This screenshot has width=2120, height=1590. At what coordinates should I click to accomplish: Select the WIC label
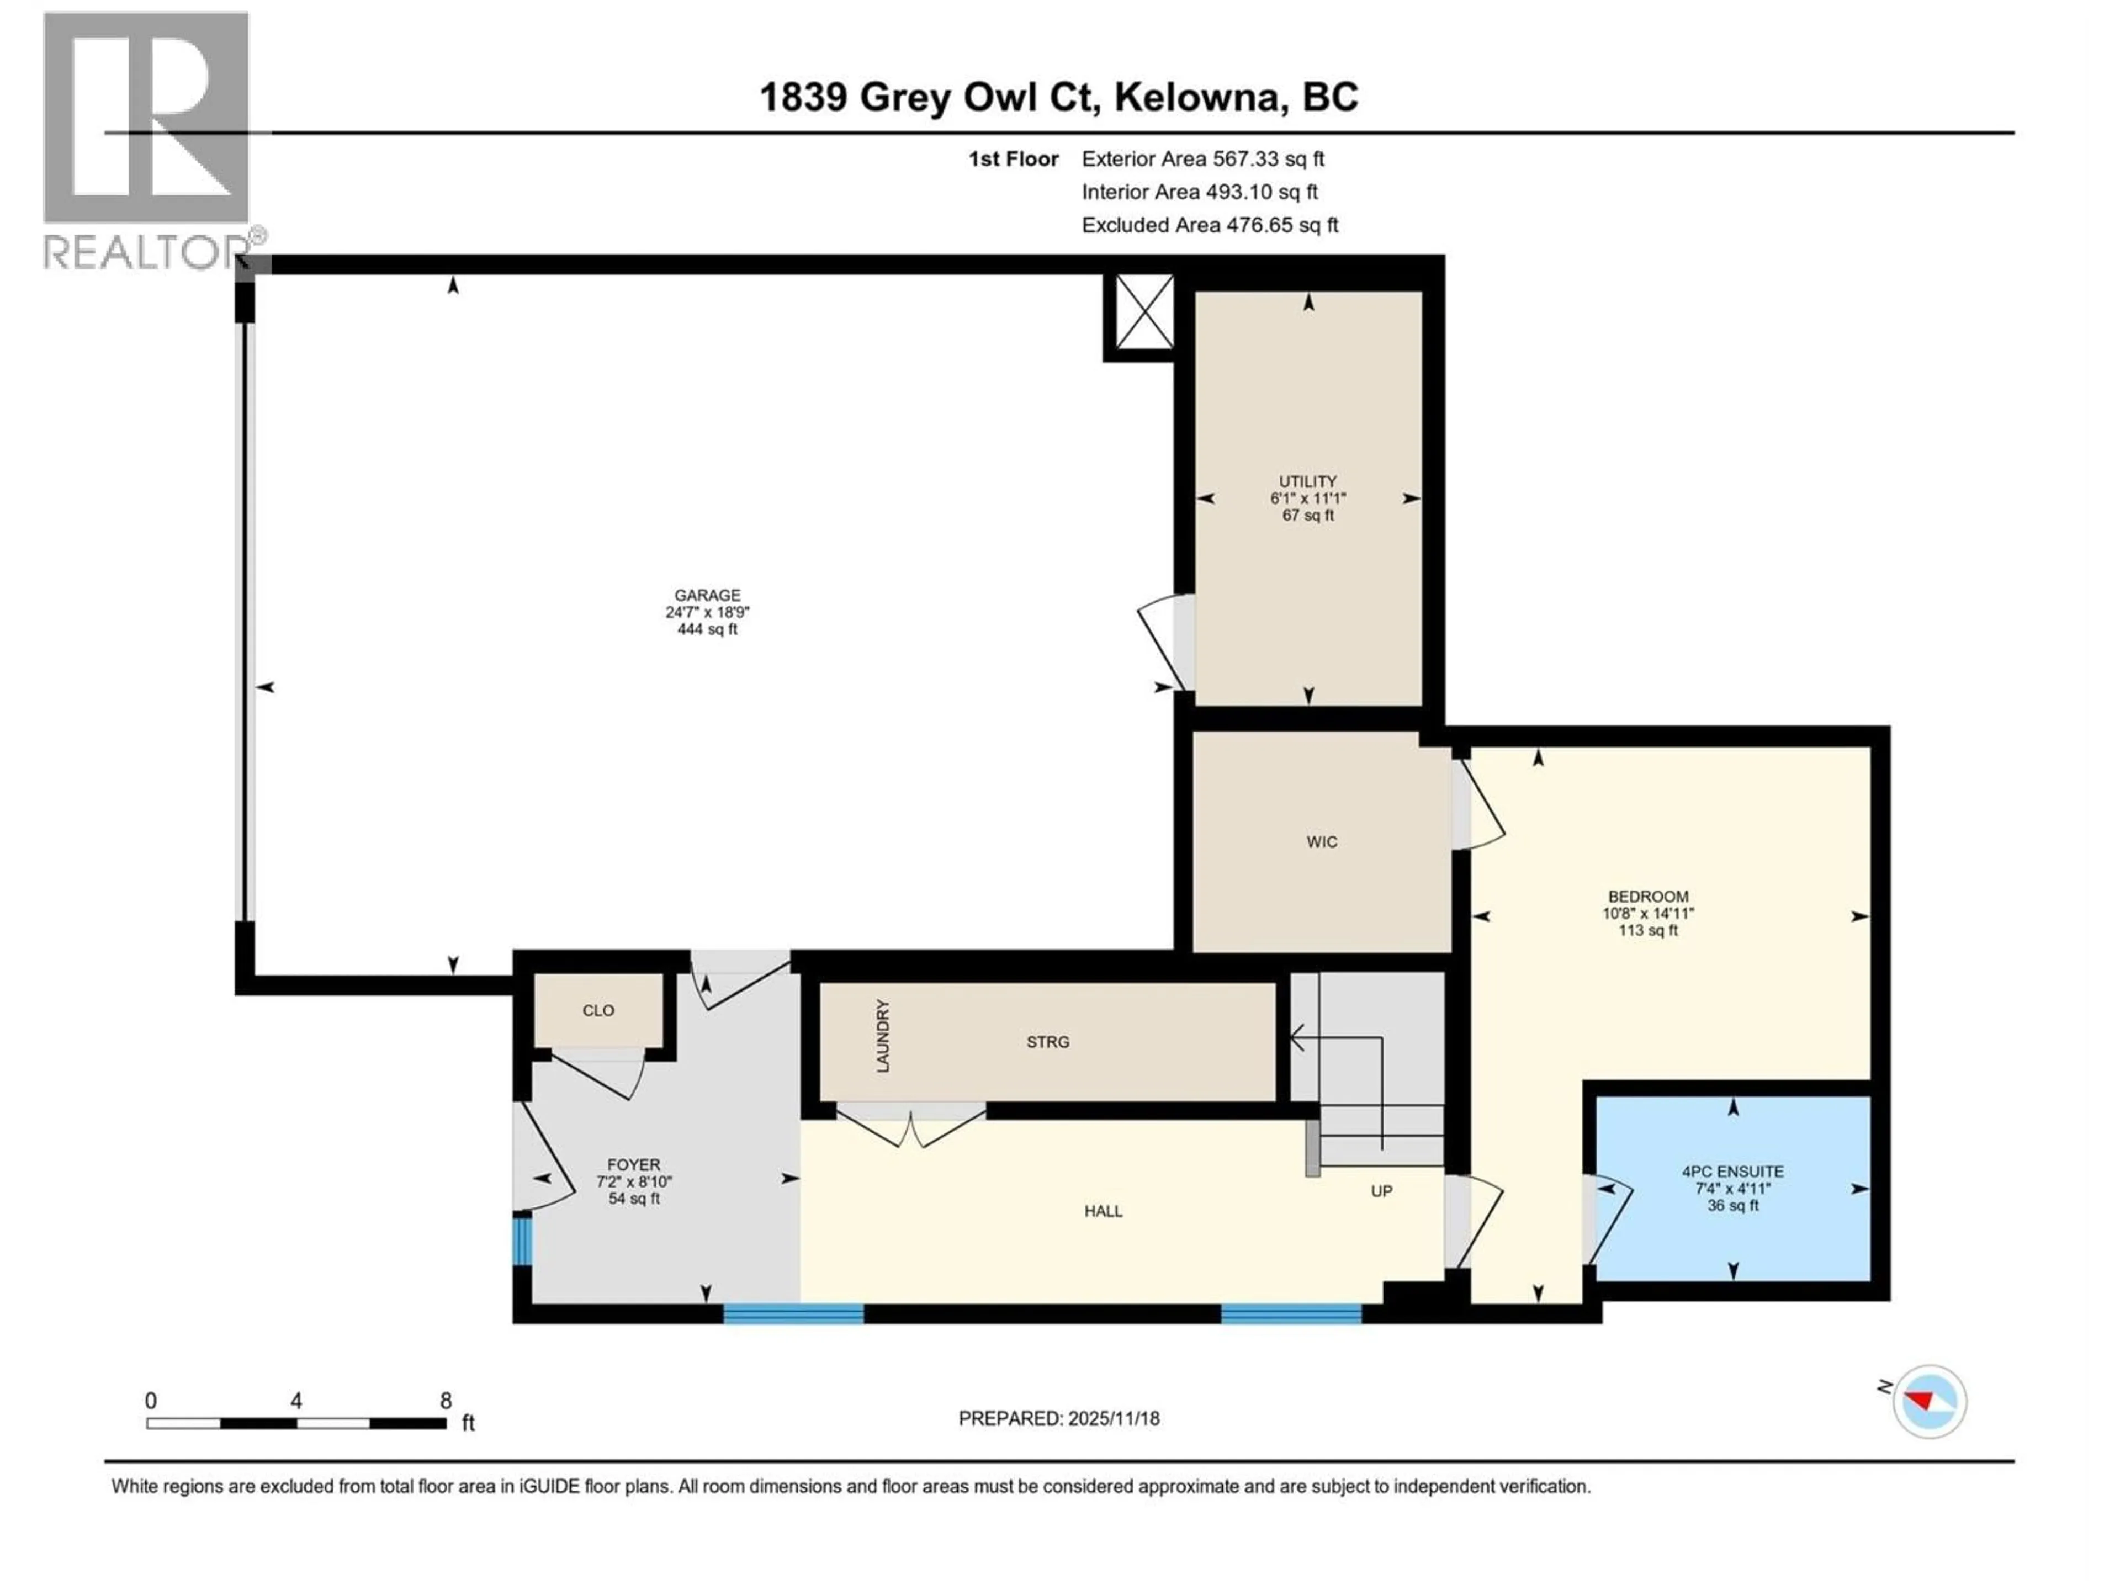[1322, 841]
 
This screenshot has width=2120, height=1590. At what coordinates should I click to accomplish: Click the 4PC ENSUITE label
[1733, 1171]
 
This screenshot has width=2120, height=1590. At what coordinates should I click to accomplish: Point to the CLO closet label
[598, 1010]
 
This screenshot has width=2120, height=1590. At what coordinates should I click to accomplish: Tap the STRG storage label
[1047, 1042]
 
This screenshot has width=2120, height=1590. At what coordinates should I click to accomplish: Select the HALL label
[1103, 1211]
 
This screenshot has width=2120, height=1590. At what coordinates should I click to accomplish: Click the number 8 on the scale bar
[446, 1400]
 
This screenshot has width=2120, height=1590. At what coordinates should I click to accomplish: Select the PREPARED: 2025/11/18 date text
[1059, 1418]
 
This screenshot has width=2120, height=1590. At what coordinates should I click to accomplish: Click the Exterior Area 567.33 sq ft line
[1203, 159]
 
